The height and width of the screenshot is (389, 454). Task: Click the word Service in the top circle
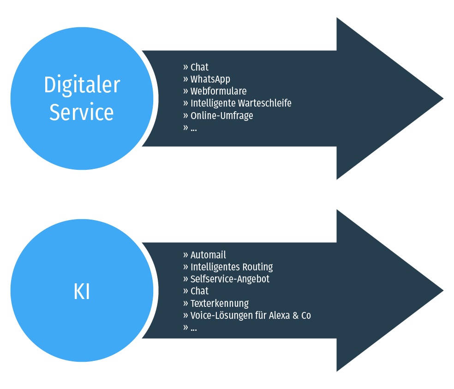point(82,112)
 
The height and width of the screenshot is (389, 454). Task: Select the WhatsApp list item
point(210,79)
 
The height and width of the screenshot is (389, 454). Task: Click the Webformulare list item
point(218,91)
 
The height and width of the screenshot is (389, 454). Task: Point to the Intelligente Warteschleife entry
point(241,103)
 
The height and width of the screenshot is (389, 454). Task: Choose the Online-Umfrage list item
point(221,115)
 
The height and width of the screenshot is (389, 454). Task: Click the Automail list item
point(208,255)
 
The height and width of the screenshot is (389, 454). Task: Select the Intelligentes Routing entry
point(232,267)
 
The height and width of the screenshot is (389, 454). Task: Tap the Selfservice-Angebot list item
point(230,279)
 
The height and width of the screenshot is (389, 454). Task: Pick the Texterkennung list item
point(220,303)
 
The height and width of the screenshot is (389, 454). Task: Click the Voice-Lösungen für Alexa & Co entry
point(251,315)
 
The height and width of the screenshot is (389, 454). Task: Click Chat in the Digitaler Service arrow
point(199,67)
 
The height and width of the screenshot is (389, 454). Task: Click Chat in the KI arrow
point(199,291)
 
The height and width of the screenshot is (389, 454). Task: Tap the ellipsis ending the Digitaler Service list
point(193,128)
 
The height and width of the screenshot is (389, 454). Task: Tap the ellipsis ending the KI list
point(193,329)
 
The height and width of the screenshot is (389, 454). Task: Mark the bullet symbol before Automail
point(185,255)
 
